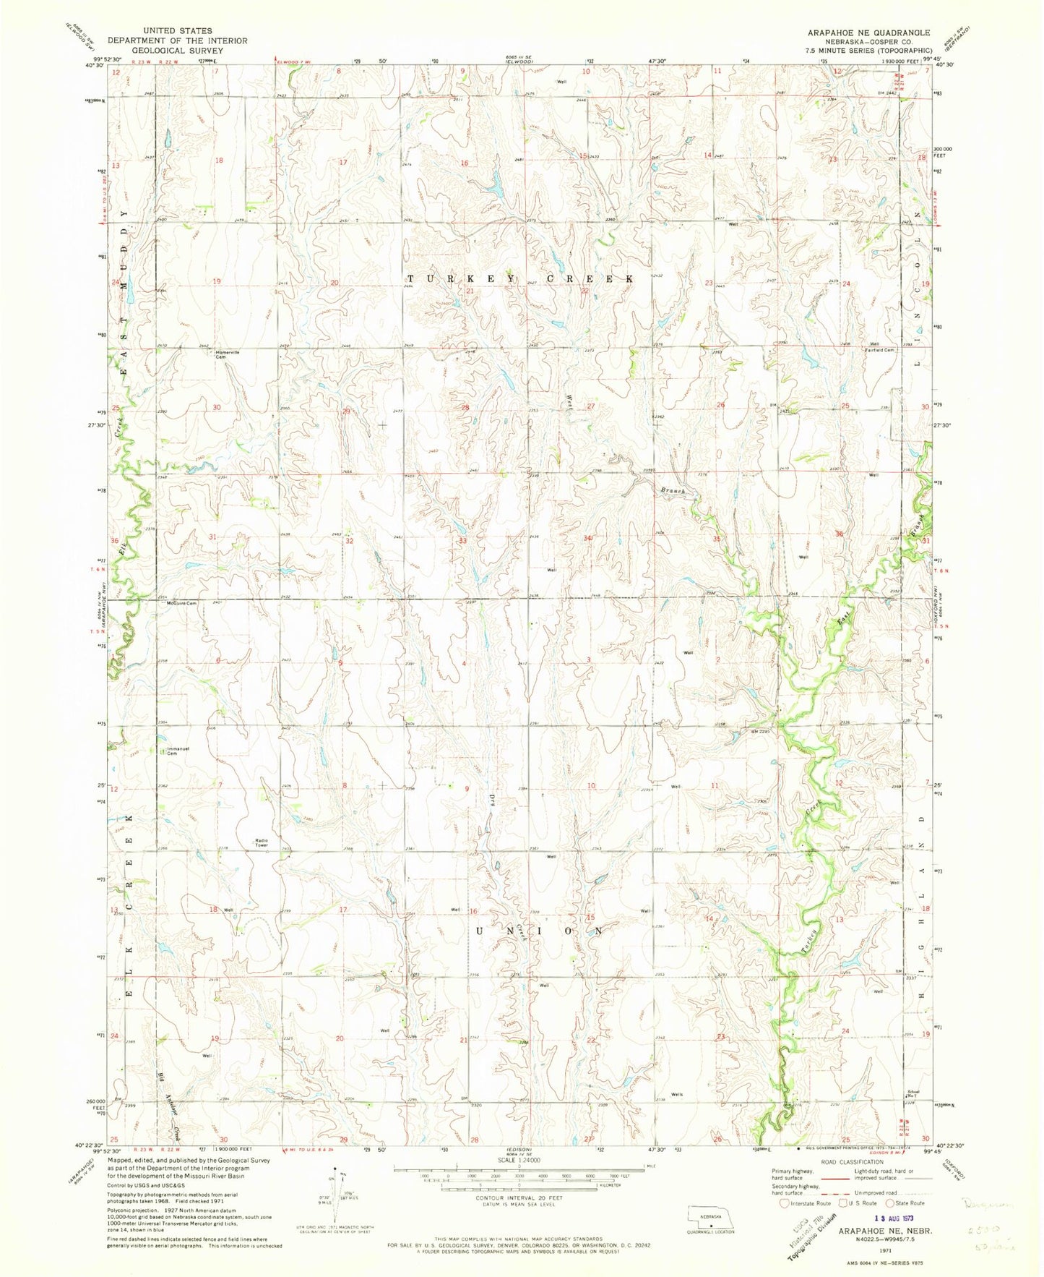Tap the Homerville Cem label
227,354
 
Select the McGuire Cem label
181,604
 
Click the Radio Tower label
262,842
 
